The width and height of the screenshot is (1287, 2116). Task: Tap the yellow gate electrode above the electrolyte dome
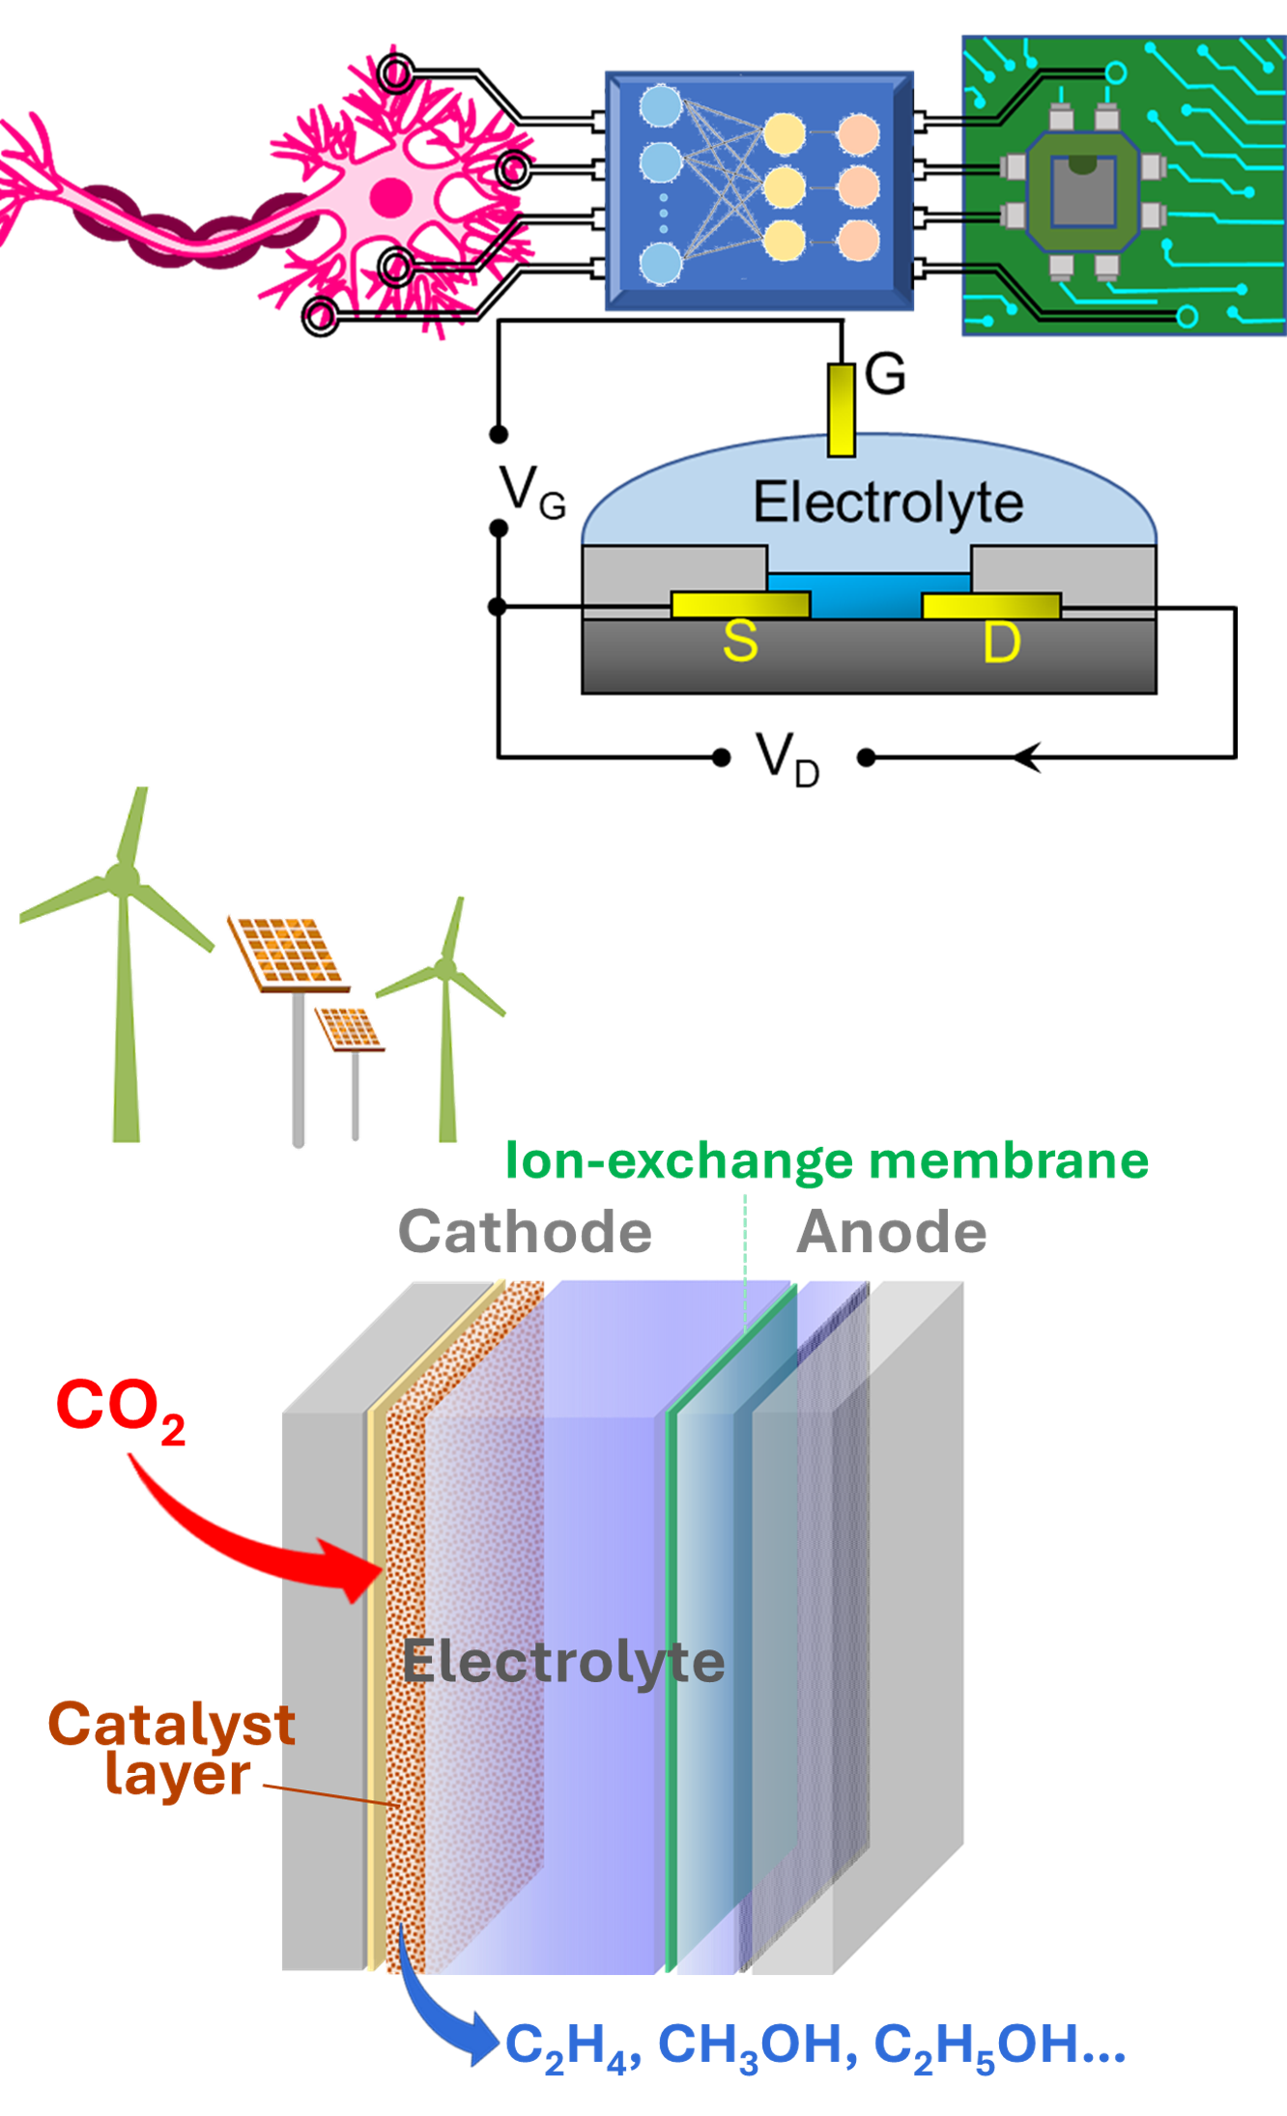click(841, 410)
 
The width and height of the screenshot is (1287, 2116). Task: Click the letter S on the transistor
click(740, 642)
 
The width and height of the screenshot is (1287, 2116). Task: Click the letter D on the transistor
click(1002, 643)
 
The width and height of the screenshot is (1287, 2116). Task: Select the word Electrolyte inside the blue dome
click(888, 502)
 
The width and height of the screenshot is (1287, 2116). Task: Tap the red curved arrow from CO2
click(251, 1546)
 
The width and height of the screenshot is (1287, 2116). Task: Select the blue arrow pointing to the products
click(440, 2010)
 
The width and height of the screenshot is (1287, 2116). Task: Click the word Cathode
click(525, 1233)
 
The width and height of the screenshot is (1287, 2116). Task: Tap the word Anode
click(891, 1233)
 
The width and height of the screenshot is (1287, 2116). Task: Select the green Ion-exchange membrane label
click(827, 1160)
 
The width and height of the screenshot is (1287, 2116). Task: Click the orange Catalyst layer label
click(172, 1750)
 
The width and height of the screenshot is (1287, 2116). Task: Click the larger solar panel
click(288, 952)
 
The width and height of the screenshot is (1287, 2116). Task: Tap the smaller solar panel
click(350, 1028)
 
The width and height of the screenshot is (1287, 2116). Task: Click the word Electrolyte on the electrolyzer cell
click(563, 1662)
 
